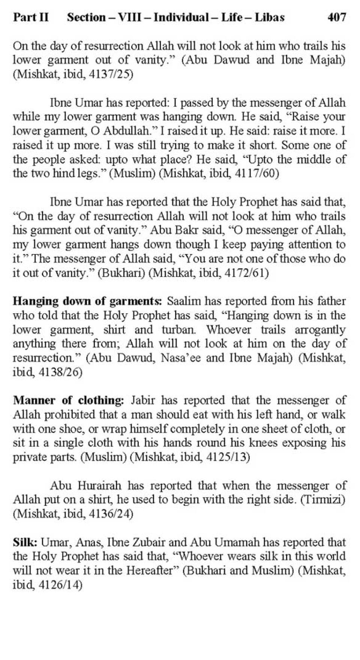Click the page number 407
[x=336, y=17]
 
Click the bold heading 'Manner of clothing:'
[x=68, y=400]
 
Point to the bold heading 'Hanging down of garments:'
[x=87, y=301]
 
